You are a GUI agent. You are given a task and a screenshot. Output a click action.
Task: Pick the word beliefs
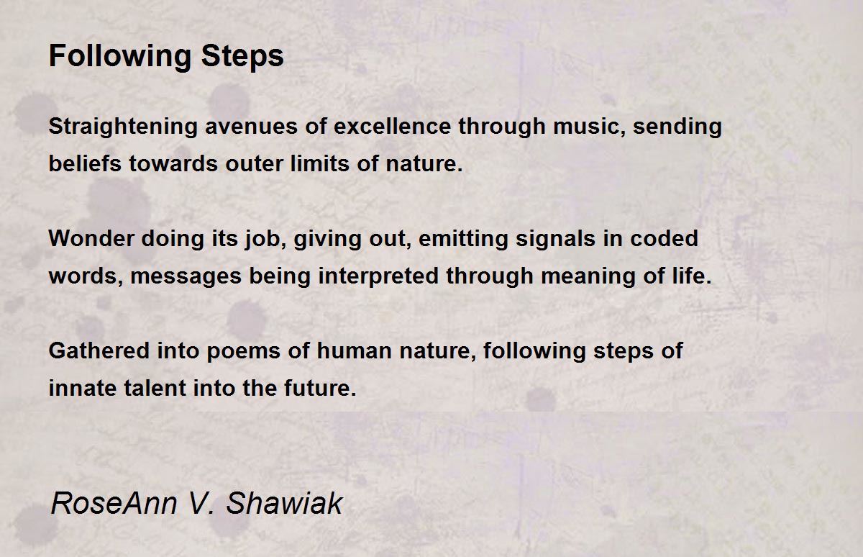pos(86,164)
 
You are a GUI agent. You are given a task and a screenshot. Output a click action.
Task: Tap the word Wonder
pos(91,239)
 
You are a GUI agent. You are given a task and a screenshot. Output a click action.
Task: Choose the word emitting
pos(462,239)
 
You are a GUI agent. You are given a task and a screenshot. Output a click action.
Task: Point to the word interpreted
pos(371,276)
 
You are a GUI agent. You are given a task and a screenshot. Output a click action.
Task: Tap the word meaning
pos(563,276)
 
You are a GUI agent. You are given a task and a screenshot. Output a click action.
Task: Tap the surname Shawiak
pos(284,503)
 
